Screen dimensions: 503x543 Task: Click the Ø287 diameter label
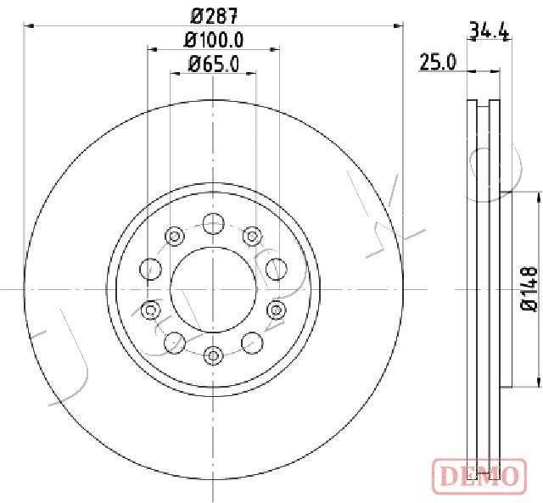214,15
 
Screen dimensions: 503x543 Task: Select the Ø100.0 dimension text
214,40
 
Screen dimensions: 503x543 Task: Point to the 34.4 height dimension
488,32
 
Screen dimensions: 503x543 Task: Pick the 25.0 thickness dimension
439,62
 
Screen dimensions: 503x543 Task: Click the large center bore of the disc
213,289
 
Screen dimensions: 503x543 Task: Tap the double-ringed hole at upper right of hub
251,236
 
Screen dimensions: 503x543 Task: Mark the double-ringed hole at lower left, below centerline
151,310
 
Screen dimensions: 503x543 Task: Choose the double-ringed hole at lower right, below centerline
276,310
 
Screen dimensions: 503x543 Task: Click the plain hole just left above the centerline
151,268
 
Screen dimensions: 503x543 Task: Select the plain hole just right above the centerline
276,268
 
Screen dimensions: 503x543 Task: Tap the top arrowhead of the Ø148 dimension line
537,196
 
